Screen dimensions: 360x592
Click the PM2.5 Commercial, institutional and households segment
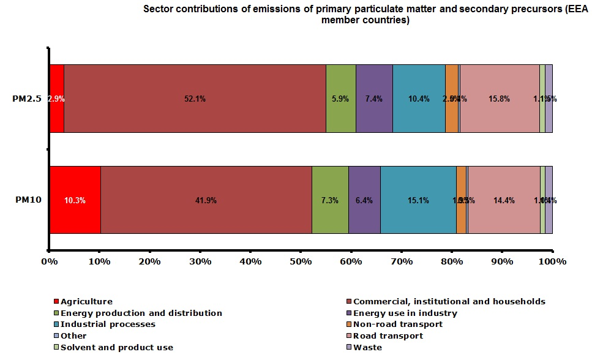coord(195,99)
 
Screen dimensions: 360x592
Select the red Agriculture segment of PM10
coord(75,200)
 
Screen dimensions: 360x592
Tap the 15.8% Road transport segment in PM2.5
coord(500,99)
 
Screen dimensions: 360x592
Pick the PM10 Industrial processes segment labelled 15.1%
coord(418,200)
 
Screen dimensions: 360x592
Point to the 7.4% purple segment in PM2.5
coord(374,99)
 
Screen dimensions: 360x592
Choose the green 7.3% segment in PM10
coord(330,200)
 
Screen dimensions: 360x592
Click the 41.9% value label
coord(206,200)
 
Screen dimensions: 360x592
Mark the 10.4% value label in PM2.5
coord(419,99)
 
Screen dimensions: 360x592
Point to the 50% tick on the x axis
coord(301,261)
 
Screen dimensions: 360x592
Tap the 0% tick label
coord(49,261)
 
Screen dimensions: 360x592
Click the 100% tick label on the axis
coord(552,261)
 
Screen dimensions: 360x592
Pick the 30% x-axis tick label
coord(200,261)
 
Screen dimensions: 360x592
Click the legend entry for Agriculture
coord(86,301)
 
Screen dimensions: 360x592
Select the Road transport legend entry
coord(388,336)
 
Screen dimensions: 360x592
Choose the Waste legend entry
coord(367,347)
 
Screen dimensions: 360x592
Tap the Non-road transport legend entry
coord(398,324)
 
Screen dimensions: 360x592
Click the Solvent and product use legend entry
coord(117,347)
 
